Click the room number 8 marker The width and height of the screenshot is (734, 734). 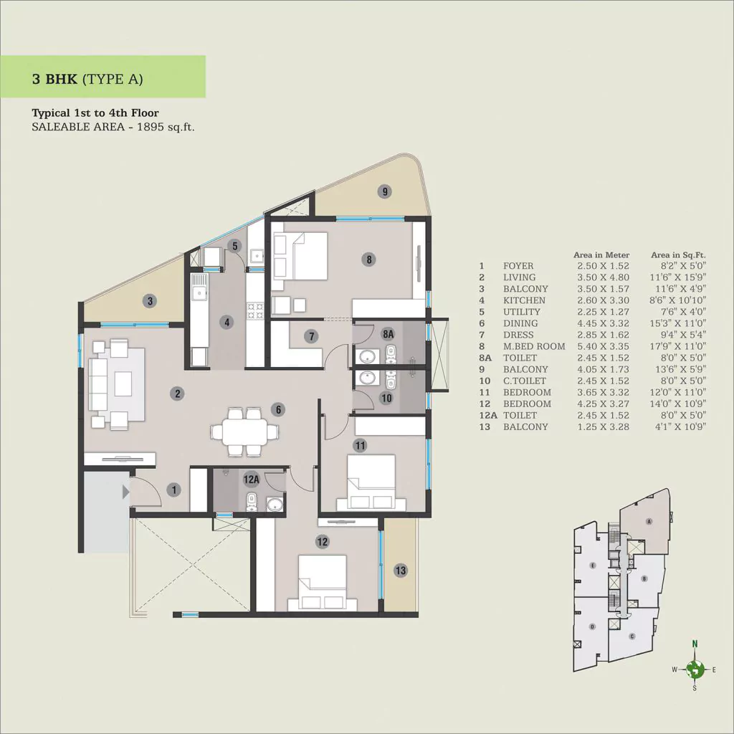click(x=369, y=259)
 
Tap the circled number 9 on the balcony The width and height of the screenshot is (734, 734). click(x=385, y=191)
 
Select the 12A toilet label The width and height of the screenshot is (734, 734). click(x=252, y=480)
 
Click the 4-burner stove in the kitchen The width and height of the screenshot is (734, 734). click(x=256, y=311)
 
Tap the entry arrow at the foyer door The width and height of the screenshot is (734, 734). click(x=125, y=492)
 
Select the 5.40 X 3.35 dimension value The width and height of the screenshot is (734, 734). click(x=603, y=346)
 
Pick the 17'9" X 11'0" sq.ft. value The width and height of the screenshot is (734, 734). click(x=678, y=346)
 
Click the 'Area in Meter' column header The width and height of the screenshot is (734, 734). click(x=601, y=255)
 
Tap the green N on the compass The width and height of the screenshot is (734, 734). click(x=695, y=644)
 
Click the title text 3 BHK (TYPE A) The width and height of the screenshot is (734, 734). click(x=87, y=79)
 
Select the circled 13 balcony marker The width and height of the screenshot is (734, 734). click(x=400, y=570)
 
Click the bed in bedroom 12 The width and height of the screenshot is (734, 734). click(x=323, y=583)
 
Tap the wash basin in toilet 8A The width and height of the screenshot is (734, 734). click(x=368, y=356)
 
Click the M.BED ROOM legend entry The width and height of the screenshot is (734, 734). click(x=533, y=346)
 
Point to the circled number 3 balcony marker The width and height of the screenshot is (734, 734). click(x=150, y=301)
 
